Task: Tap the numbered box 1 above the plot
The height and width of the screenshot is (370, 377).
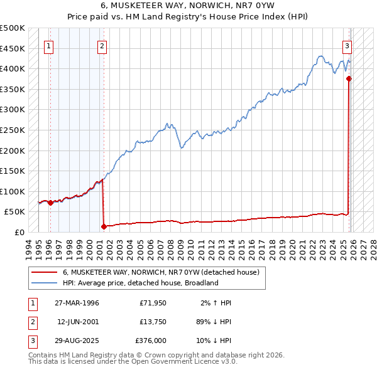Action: (49, 45)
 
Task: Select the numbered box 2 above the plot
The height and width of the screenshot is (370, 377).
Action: (102, 45)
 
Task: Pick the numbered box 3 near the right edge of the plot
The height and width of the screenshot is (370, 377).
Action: (346, 45)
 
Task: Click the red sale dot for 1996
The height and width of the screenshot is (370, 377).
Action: (50, 203)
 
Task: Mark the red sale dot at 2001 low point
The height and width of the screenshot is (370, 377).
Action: (104, 226)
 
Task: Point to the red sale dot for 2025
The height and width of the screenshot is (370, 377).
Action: (349, 78)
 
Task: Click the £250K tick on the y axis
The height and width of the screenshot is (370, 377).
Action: (13, 130)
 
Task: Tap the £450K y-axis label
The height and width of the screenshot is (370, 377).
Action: (13, 48)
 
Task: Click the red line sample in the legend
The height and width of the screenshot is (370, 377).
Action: (44, 273)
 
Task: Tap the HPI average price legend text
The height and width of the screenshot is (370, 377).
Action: (139, 283)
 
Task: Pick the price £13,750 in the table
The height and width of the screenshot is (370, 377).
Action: (153, 322)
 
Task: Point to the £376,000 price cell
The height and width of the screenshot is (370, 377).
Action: (151, 341)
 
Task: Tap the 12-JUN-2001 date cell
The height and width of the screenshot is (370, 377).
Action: (78, 322)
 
